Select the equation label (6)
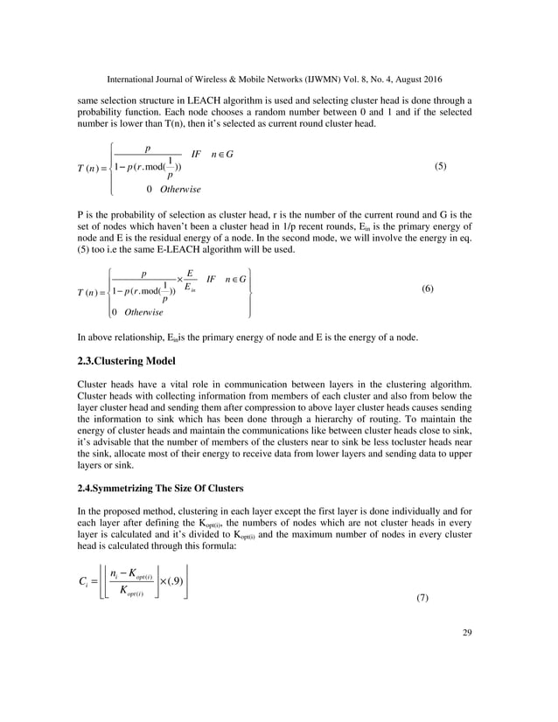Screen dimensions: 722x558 431,288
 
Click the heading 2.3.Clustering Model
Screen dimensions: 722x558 131,360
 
